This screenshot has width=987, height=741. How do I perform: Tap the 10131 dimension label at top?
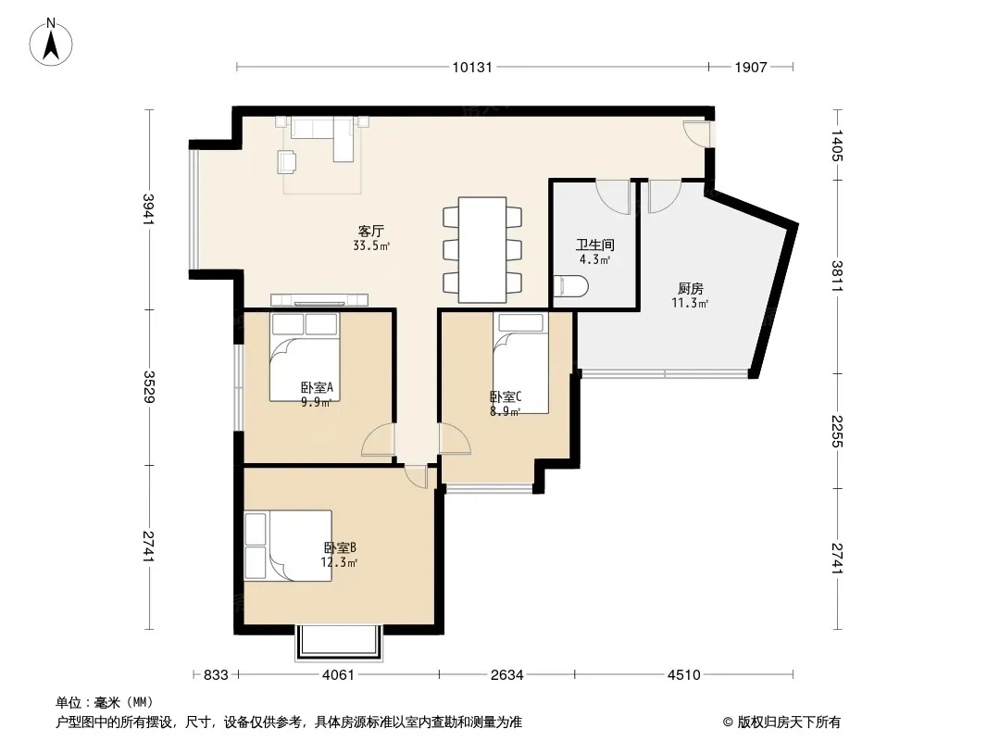[472, 68]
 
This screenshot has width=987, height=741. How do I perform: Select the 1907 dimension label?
[751, 68]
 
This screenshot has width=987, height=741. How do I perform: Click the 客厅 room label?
[371, 231]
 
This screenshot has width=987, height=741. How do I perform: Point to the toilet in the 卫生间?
[570, 287]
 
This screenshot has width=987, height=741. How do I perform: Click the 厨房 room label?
[691, 288]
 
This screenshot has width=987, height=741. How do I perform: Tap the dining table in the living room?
[482, 250]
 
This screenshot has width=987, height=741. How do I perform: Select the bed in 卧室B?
[288, 546]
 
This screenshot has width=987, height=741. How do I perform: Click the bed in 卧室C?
[520, 363]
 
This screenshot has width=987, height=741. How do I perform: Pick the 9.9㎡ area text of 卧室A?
[316, 402]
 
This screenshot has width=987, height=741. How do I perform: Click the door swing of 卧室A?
[379, 439]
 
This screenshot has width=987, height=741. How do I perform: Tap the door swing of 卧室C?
[455, 439]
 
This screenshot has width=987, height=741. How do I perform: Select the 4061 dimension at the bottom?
[338, 675]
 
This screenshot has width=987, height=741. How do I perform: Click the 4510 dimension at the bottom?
[683, 675]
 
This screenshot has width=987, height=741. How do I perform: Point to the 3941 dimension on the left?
[149, 209]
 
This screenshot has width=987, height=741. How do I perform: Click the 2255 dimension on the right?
[837, 432]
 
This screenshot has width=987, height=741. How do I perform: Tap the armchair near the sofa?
[288, 162]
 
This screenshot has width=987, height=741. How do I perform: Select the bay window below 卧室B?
[339, 643]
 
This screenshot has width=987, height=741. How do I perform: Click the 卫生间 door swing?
[613, 196]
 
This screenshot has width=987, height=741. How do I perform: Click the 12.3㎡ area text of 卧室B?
[339, 562]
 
